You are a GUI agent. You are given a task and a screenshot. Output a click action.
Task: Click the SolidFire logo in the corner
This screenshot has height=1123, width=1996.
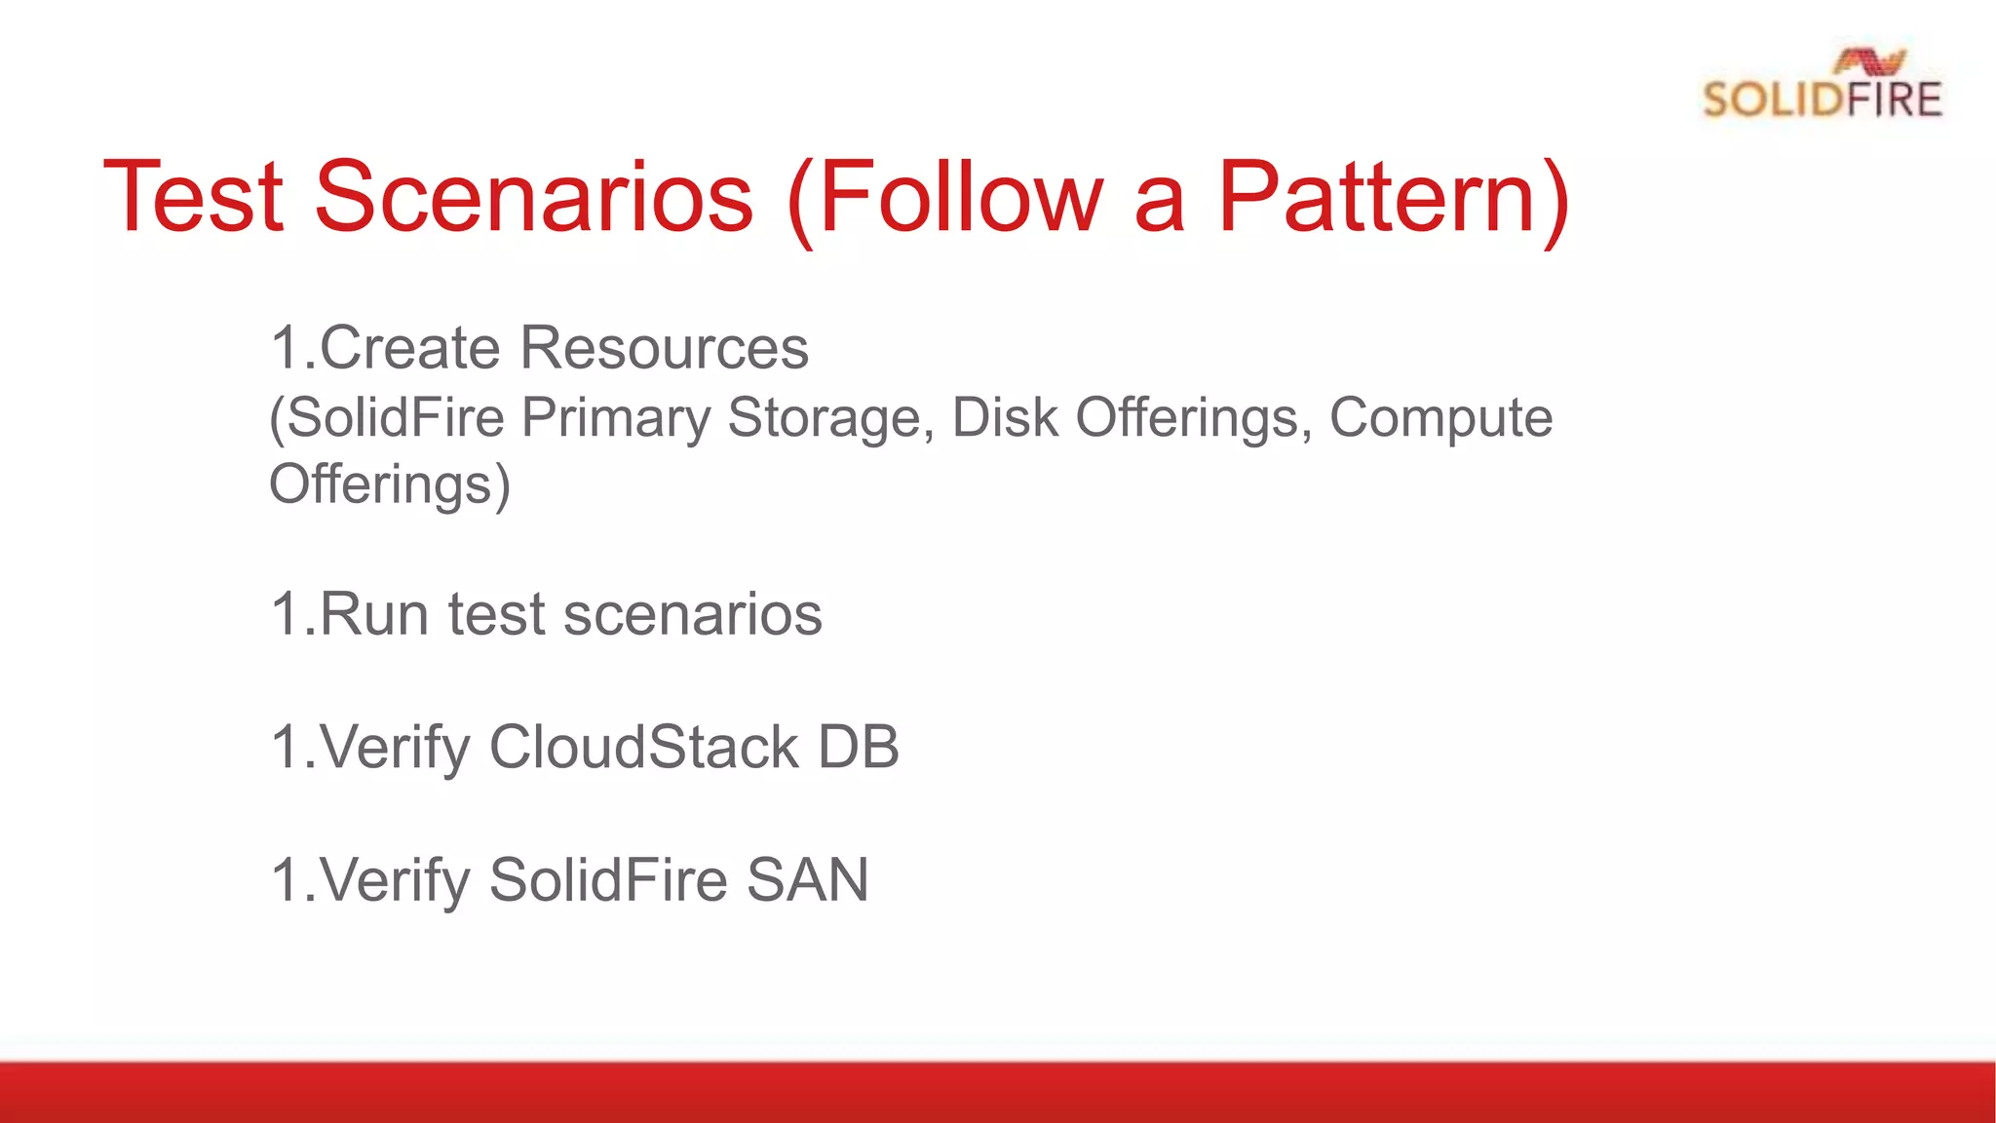[x=1821, y=86]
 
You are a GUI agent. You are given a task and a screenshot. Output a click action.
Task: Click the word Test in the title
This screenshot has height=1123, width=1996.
[x=193, y=198]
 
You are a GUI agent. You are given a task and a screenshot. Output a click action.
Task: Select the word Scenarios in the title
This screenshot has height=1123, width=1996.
[x=533, y=198]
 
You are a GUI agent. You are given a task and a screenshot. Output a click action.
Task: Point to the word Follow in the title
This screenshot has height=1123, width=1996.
[x=960, y=198]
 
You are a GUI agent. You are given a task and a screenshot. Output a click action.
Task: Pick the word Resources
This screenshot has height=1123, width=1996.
[x=664, y=348]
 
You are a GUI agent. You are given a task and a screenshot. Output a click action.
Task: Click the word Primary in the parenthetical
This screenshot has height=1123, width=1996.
[x=616, y=418]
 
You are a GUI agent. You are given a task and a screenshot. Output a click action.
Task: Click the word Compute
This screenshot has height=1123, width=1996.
[x=1440, y=418]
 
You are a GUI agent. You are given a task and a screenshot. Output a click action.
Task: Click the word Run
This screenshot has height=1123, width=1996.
[x=374, y=615]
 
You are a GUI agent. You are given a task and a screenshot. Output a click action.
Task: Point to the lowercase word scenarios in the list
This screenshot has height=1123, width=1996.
[x=692, y=615]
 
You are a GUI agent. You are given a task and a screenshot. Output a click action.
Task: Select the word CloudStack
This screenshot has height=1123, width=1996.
[x=643, y=748]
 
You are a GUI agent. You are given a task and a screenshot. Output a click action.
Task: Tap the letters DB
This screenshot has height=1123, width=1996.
[x=858, y=748]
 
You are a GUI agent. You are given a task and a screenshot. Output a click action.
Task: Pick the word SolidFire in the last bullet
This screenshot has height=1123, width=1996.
[x=608, y=880]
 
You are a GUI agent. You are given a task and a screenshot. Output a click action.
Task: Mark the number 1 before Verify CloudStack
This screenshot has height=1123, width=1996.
[x=285, y=748]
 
